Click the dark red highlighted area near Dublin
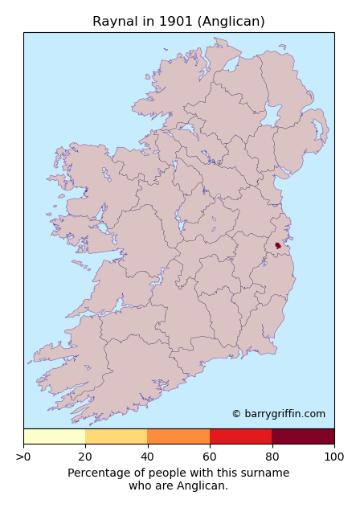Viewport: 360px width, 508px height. pos(278,245)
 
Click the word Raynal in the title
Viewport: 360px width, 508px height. pos(112,22)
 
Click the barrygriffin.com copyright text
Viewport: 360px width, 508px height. pos(279,414)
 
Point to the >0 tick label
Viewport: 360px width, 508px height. pos(23,457)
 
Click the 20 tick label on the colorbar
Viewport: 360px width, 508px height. pos(85,457)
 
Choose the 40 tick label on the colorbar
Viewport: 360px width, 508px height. pos(147,457)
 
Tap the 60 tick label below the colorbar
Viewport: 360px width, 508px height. pos(210,457)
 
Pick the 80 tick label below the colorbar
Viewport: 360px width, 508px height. pos(272,457)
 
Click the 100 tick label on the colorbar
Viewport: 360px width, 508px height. pos(333,457)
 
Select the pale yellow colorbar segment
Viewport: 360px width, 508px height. pos(54,436)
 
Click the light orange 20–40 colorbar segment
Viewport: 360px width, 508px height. pos(116,436)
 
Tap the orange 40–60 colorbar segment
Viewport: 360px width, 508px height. pos(178,436)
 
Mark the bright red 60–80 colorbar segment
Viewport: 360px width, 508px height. pos(240,436)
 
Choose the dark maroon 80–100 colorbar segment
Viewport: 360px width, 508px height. pos(303,436)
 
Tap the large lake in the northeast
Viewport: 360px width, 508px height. pos(271,117)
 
